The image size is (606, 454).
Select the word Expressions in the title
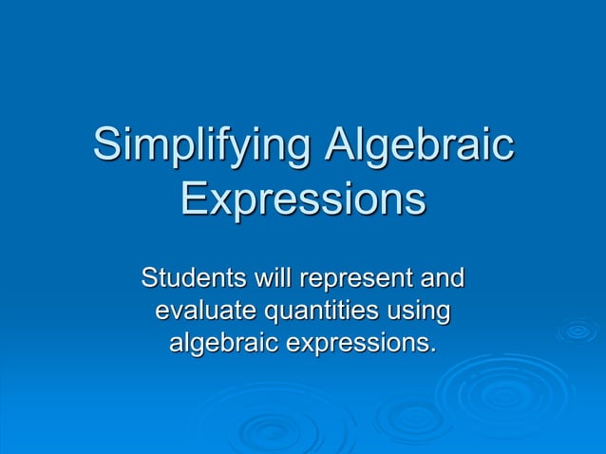click(303, 202)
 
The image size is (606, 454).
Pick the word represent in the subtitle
click(352, 282)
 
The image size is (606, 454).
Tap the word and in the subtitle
click(442, 280)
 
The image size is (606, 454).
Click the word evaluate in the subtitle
click(204, 311)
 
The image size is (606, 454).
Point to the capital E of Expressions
click(195, 200)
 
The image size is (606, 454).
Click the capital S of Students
click(150, 280)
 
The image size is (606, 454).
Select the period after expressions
click(435, 350)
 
